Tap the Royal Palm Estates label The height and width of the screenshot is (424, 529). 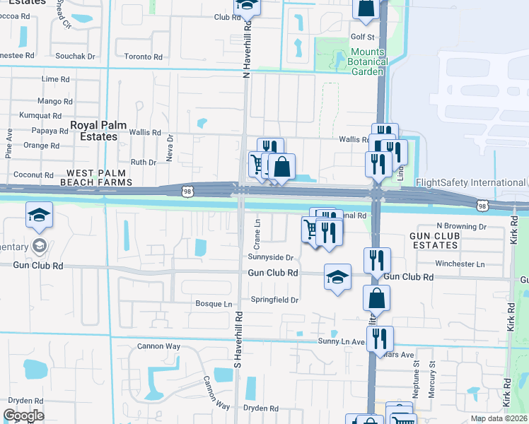tap(98, 131)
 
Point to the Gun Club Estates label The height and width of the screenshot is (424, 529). tap(434, 240)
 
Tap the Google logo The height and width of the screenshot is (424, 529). tap(23, 416)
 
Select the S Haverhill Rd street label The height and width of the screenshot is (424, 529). tap(238, 339)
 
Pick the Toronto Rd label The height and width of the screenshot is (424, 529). tap(143, 56)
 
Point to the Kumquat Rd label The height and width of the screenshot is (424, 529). tap(42, 114)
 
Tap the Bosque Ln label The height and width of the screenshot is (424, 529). tap(214, 304)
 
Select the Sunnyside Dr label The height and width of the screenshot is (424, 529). tap(270, 257)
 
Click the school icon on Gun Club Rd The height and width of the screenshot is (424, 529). tap(338, 276)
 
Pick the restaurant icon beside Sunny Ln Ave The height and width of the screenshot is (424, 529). tap(380, 338)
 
